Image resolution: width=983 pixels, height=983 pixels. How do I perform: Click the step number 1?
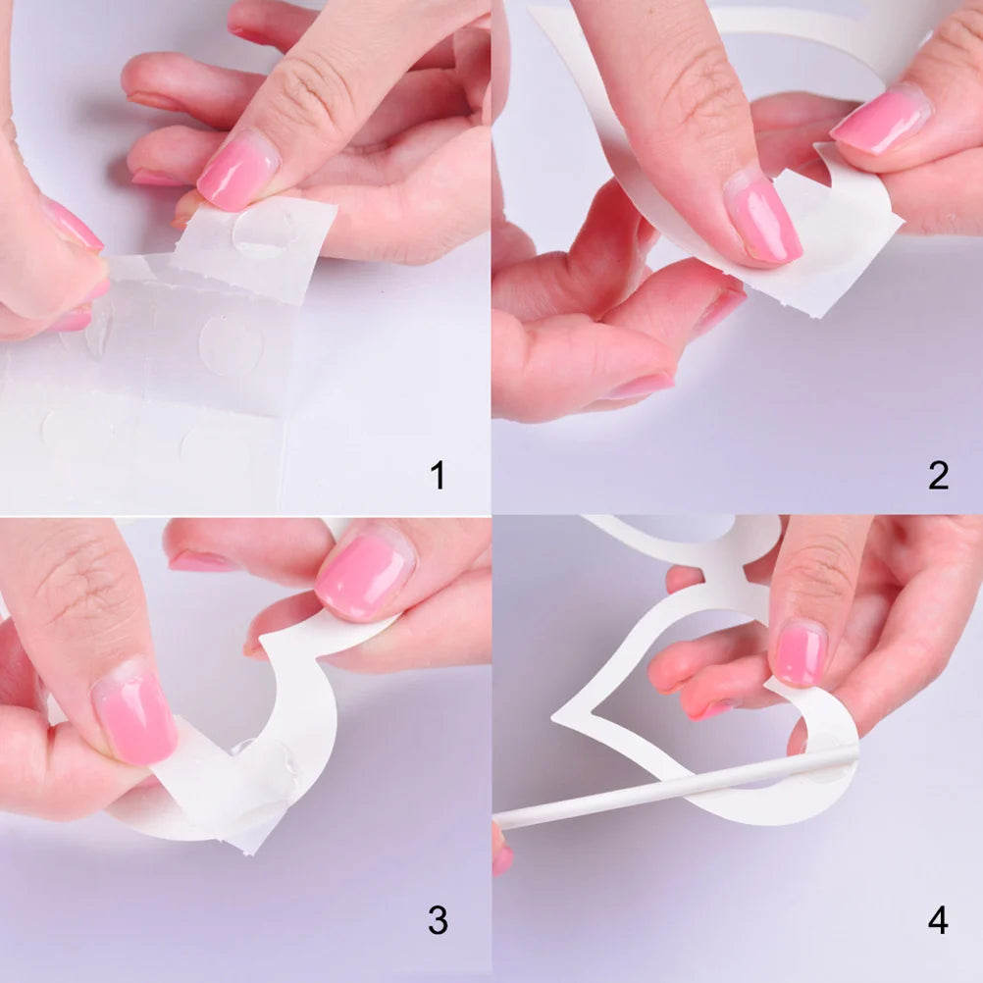click(x=438, y=476)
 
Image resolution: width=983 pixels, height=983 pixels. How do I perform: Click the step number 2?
click(x=938, y=476)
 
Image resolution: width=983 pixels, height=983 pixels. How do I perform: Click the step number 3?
click(x=438, y=920)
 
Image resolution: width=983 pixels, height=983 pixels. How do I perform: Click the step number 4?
click(x=938, y=920)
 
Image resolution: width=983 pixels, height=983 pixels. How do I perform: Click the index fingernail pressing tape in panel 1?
click(x=238, y=171)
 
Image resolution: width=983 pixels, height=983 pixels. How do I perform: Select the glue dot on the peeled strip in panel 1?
click(x=264, y=233)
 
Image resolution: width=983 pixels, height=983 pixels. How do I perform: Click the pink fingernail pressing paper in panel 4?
click(x=801, y=653)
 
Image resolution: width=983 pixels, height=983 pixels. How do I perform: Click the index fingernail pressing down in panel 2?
click(x=763, y=220)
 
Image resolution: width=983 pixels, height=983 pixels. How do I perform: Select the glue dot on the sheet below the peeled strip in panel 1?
click(x=231, y=344)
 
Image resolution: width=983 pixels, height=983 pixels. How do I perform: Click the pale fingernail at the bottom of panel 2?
click(x=642, y=386)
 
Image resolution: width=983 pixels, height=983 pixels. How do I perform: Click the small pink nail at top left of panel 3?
click(x=201, y=561)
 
